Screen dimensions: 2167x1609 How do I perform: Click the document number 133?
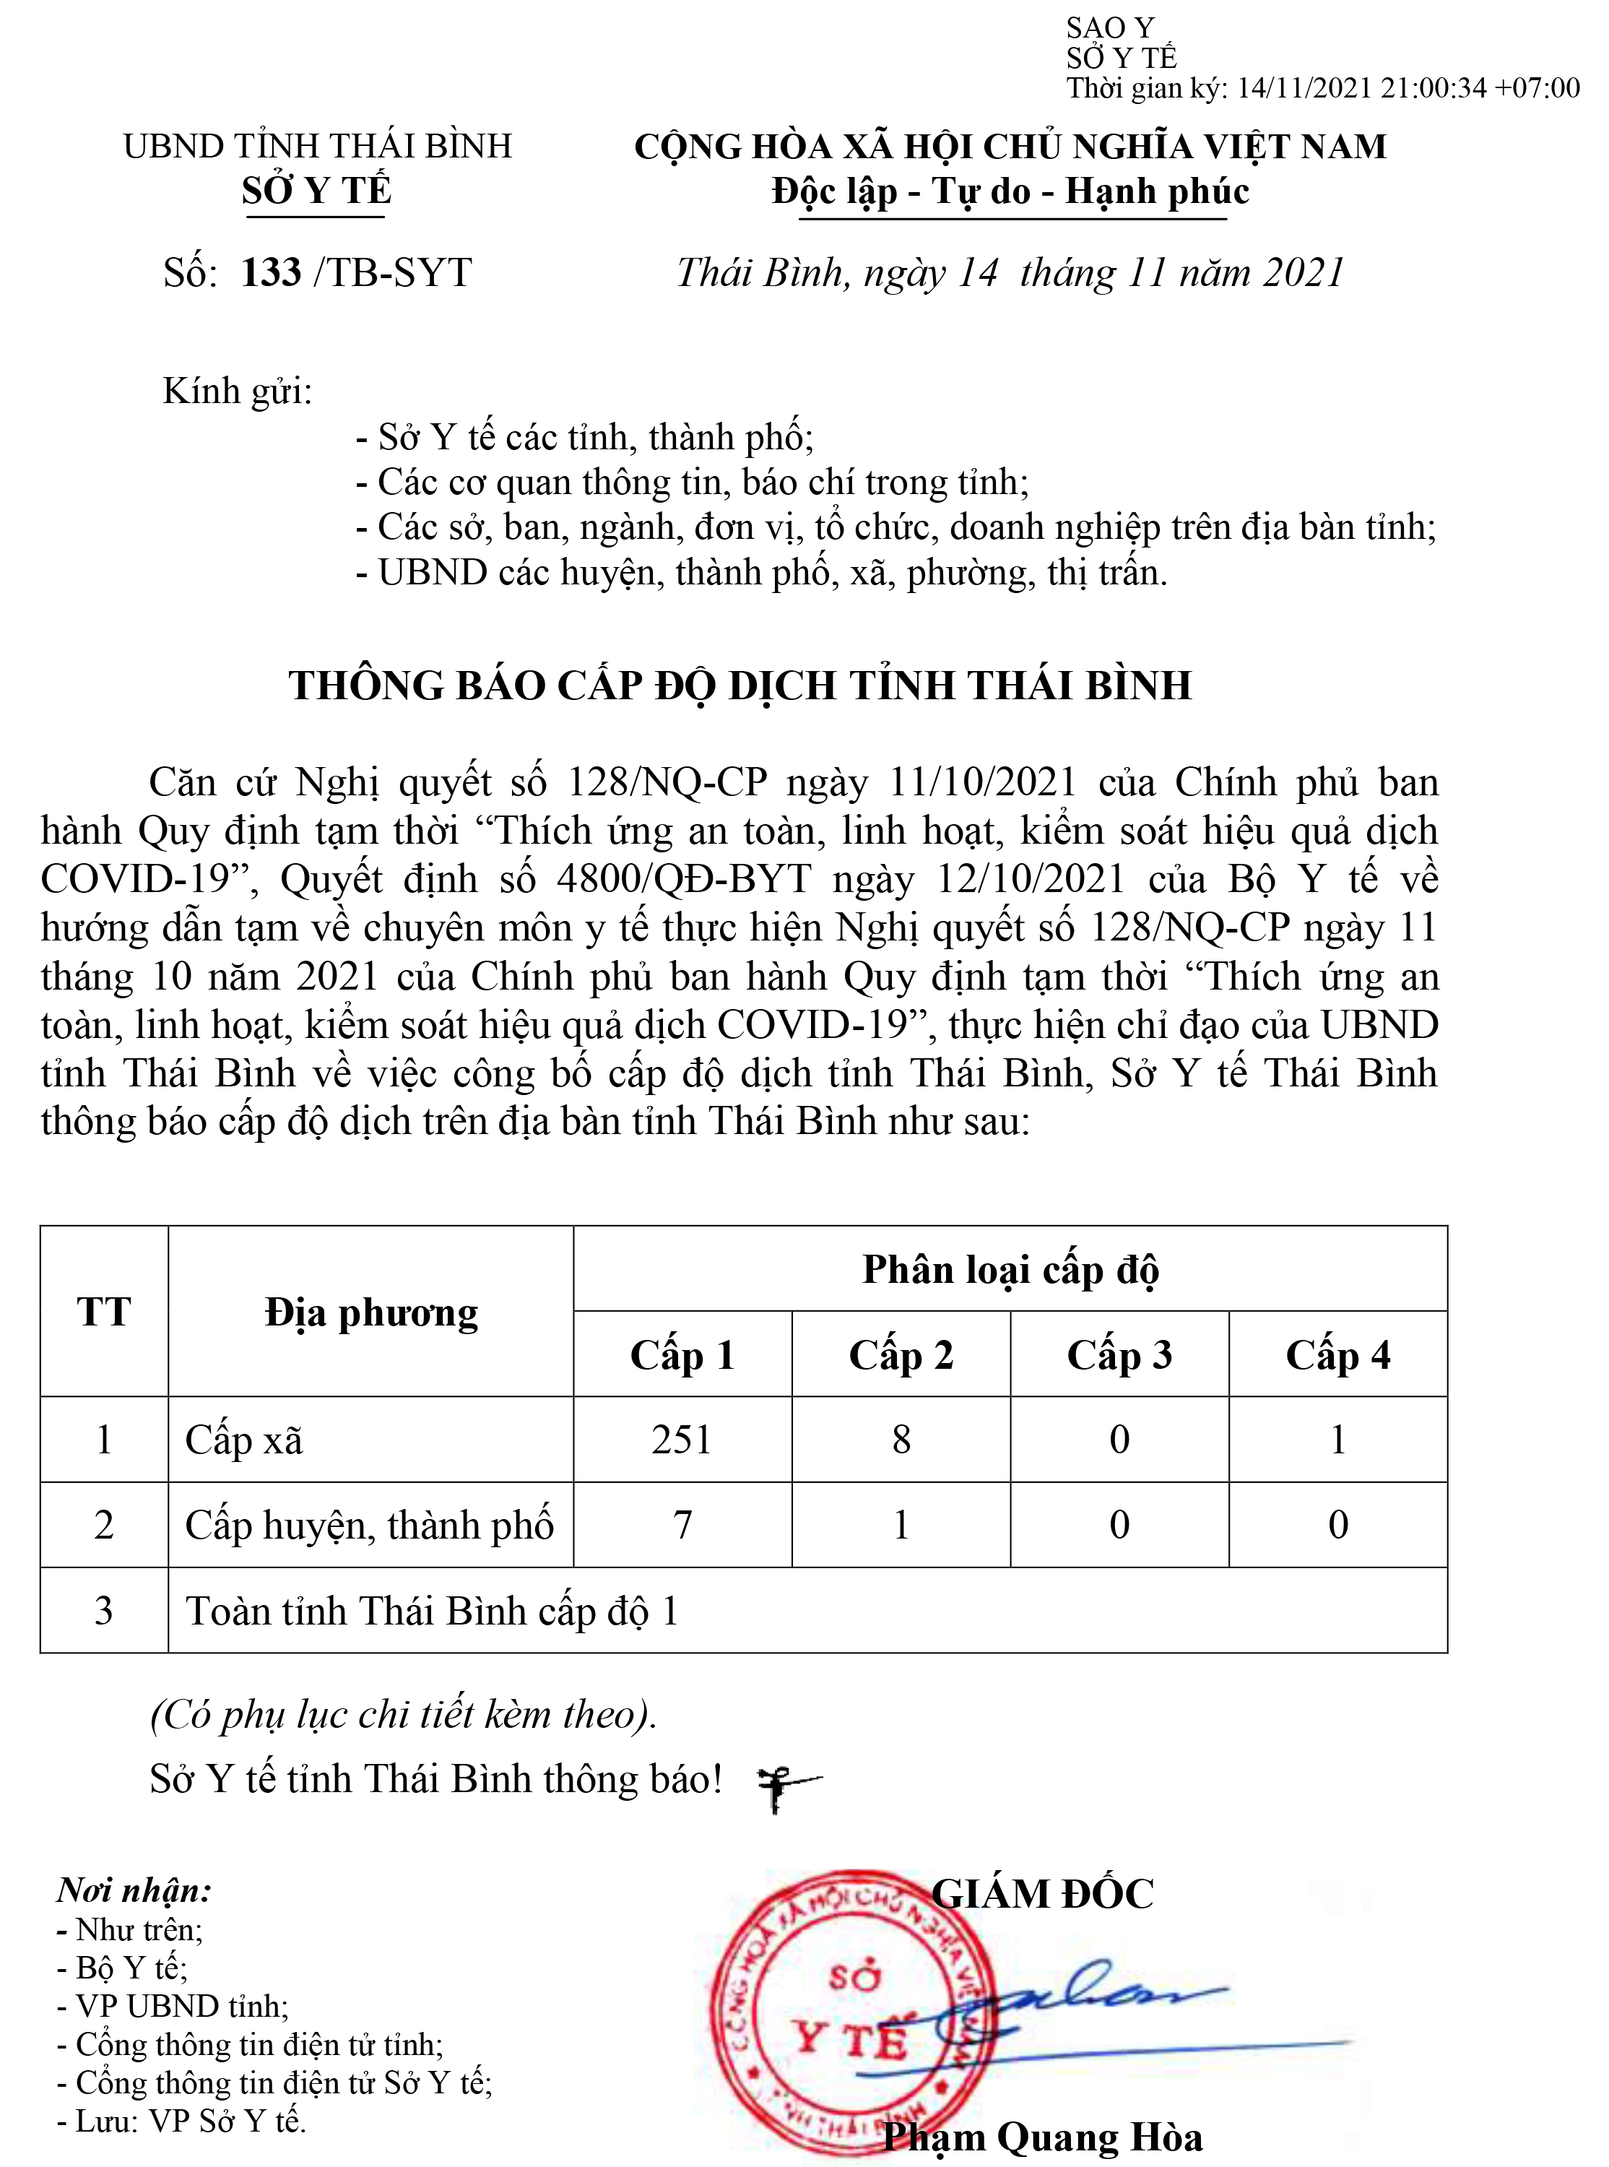(x=271, y=274)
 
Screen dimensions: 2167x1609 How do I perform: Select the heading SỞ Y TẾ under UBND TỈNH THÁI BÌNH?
(x=316, y=191)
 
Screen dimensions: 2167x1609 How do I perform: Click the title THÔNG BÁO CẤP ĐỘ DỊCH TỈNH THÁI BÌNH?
(x=740, y=685)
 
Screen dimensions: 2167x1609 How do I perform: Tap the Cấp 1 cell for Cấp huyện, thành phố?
(x=682, y=1525)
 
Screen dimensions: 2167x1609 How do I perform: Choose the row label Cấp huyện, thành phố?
(x=369, y=1525)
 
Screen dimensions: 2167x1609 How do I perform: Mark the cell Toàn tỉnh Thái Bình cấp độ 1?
(x=433, y=1611)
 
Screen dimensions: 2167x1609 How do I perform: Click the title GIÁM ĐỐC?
(x=1042, y=1894)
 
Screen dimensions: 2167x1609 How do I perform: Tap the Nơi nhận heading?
(x=134, y=1890)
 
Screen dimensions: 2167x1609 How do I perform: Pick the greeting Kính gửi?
(x=238, y=391)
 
